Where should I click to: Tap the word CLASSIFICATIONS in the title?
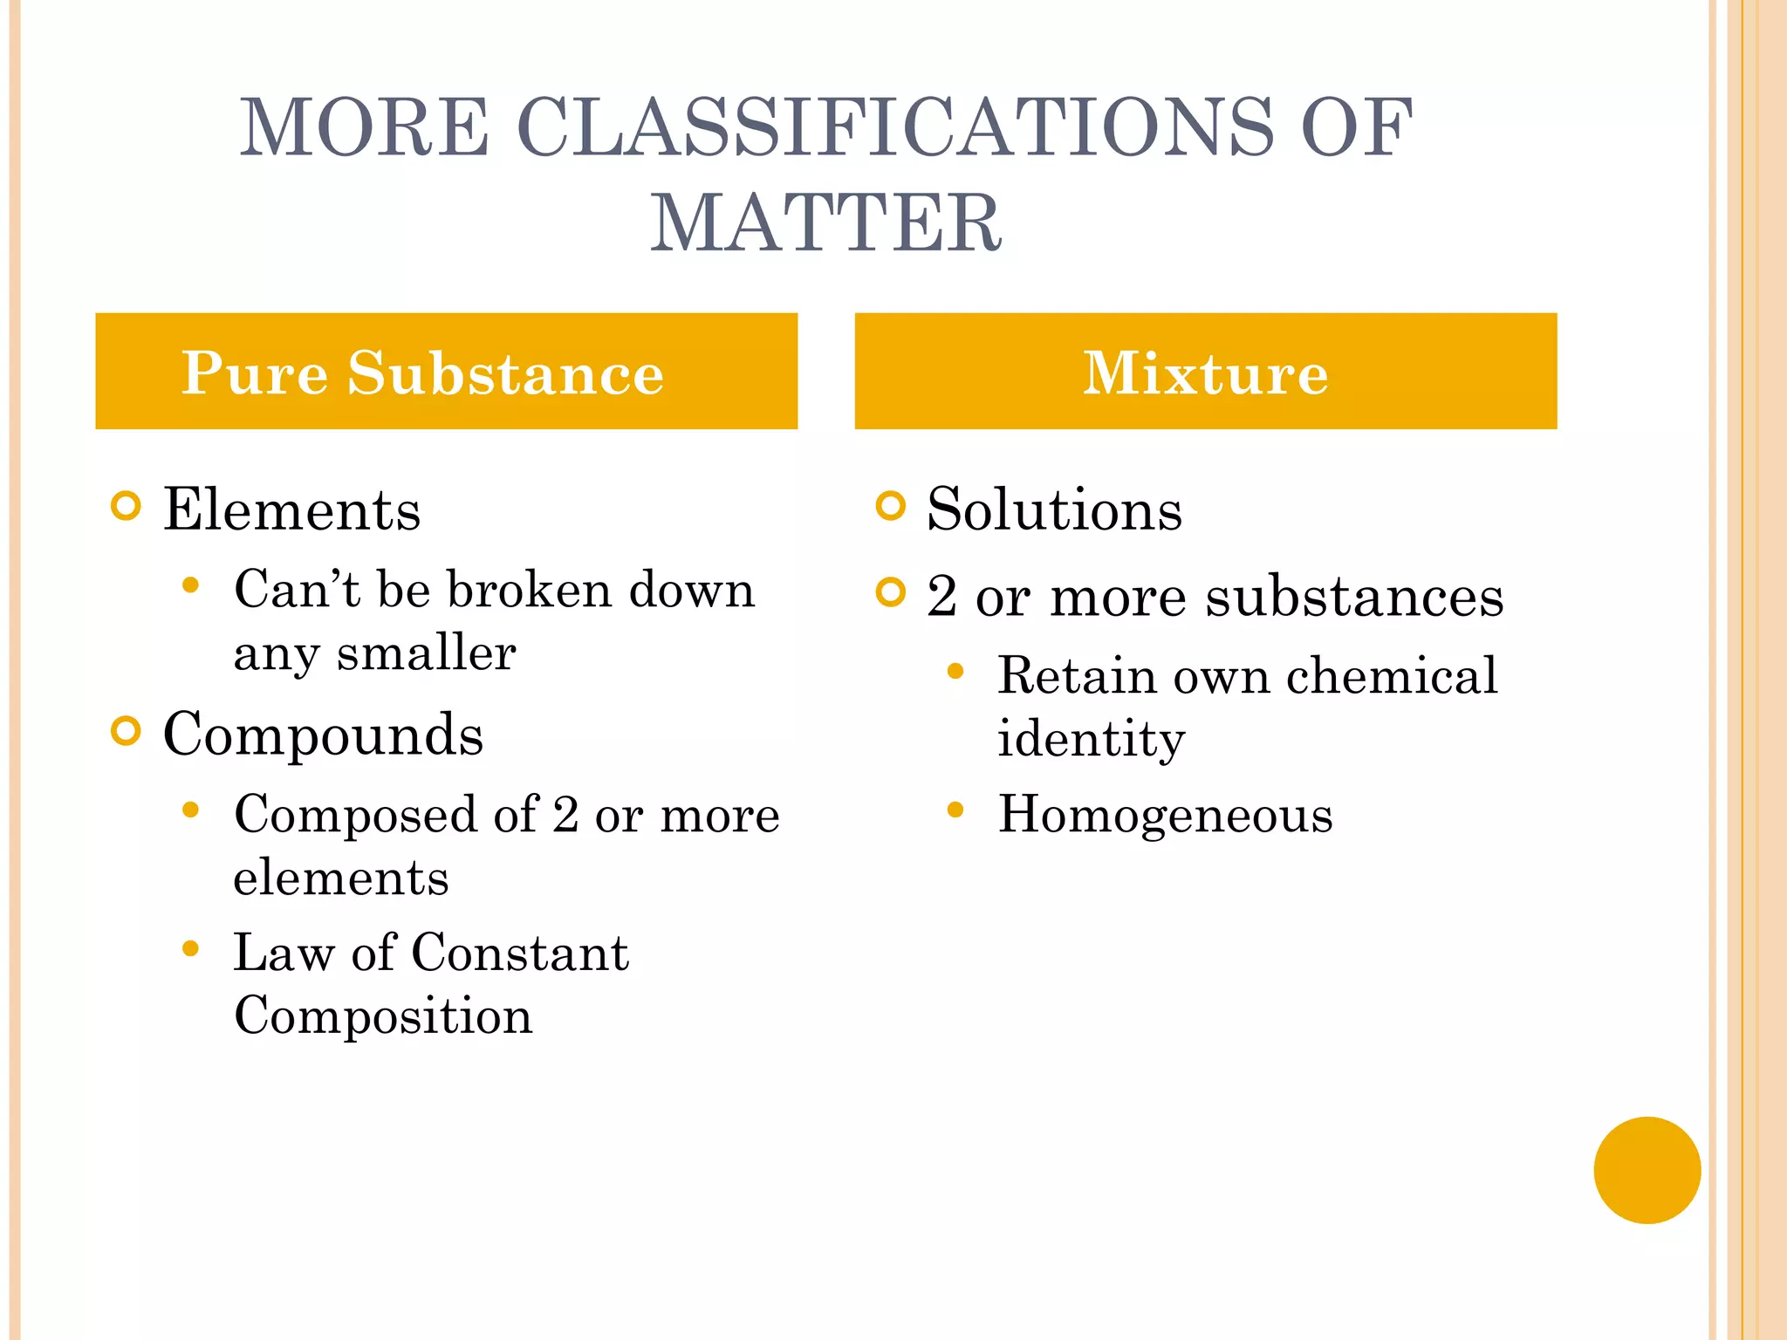coord(895,128)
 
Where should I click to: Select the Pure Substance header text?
coord(422,373)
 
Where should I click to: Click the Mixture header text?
coord(1205,373)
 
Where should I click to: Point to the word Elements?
coord(291,509)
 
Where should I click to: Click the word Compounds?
coord(323,735)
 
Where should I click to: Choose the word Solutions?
coord(1054,509)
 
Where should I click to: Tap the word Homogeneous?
coord(1165,815)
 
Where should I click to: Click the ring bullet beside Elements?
coord(127,506)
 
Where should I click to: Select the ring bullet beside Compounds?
coord(127,731)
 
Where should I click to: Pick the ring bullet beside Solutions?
coord(890,506)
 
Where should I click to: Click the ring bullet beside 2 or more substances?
coord(890,593)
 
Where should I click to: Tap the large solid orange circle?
coord(1647,1170)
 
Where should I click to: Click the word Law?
coord(284,952)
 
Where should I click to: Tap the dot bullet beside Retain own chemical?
coord(955,672)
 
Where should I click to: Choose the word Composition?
coord(383,1016)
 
